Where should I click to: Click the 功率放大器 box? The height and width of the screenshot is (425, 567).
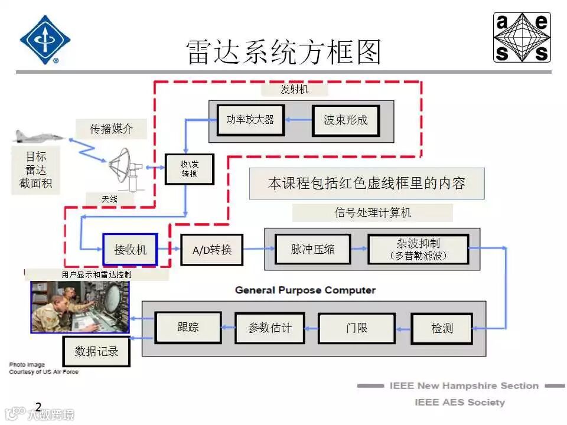point(250,120)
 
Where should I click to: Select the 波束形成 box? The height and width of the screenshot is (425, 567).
point(346,120)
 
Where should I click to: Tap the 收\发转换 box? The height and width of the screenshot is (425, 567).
point(189,169)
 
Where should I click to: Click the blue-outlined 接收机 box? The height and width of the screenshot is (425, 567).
point(130,250)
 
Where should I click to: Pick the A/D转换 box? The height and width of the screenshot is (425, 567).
point(212,250)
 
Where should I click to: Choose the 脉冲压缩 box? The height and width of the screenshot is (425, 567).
point(312,249)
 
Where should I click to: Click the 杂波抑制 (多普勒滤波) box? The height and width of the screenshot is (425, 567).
point(418,249)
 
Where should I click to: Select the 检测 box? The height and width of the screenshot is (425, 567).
point(442,328)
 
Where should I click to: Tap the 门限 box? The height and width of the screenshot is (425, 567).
point(357,328)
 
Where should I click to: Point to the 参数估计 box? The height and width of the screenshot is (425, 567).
point(270,328)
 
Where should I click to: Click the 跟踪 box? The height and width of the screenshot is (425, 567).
point(188,327)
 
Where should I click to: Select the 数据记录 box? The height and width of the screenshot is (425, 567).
point(96,351)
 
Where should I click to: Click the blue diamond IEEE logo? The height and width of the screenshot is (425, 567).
point(45,39)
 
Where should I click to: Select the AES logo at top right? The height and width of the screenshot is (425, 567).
point(522,37)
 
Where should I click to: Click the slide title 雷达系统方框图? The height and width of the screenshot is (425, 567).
point(283,52)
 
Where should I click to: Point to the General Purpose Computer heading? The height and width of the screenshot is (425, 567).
point(305,290)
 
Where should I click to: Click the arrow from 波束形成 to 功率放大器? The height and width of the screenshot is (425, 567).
point(298,120)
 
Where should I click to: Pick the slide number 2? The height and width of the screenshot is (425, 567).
point(38,407)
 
